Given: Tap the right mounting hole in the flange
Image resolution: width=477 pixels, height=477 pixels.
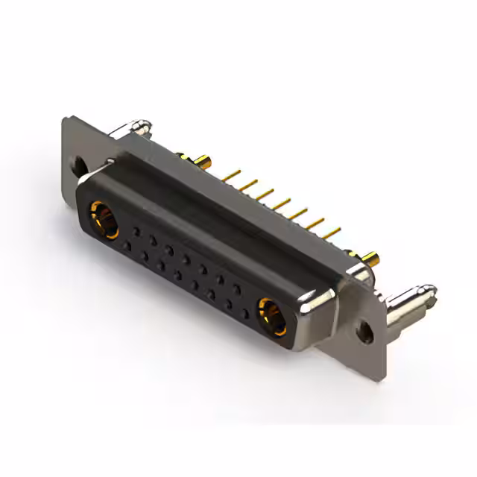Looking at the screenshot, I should (x=364, y=329).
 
